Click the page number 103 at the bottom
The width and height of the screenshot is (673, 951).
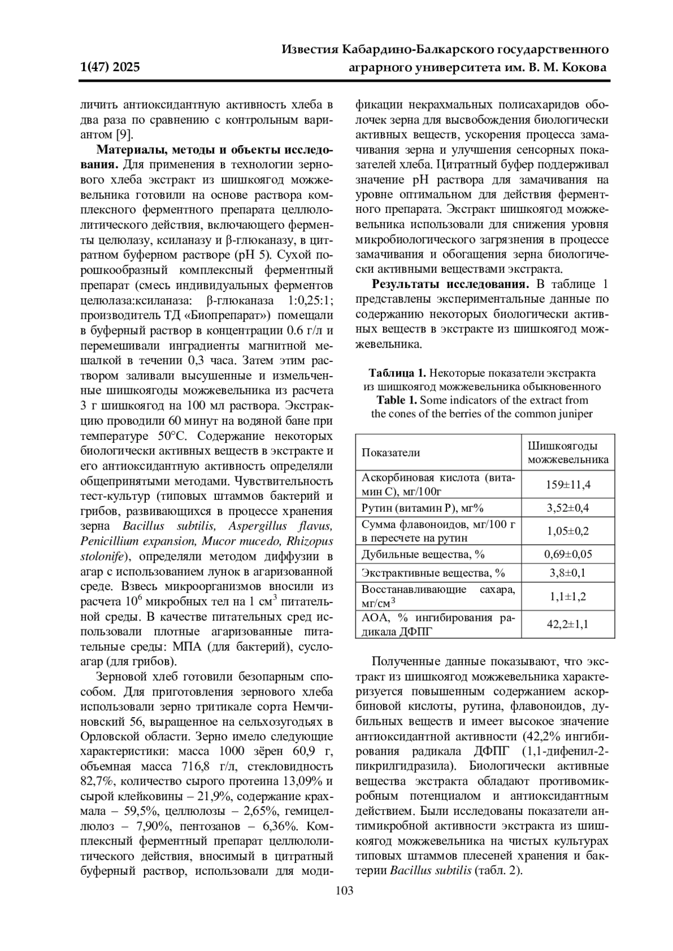(x=344, y=890)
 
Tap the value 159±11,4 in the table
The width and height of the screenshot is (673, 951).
(x=568, y=485)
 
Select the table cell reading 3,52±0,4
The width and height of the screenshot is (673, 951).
(x=568, y=508)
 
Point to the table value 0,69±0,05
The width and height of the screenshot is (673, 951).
(x=568, y=554)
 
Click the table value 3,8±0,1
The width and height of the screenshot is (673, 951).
(x=568, y=573)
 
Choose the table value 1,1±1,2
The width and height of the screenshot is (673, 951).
(x=568, y=596)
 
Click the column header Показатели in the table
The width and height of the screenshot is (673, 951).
(x=391, y=452)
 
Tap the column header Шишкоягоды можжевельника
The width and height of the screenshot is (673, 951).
(x=568, y=452)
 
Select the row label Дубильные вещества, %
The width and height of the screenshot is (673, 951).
(x=423, y=554)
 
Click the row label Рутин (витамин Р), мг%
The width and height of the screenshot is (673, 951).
(x=422, y=508)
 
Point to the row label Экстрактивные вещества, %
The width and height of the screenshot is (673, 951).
(x=434, y=573)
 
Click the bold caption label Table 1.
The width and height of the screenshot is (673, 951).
(x=397, y=400)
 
